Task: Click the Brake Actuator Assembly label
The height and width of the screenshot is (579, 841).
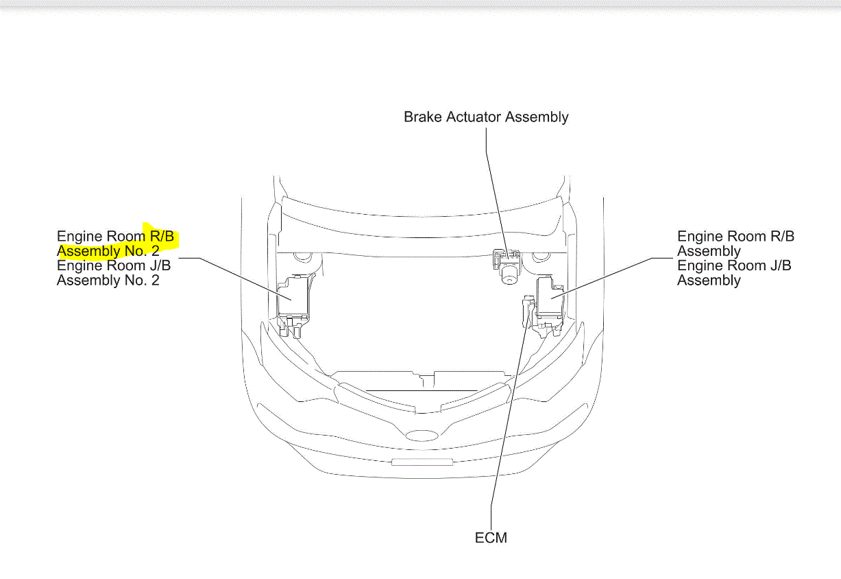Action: click(x=486, y=117)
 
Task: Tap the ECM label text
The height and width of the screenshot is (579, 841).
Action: click(x=491, y=538)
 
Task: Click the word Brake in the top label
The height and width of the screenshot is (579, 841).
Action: click(x=422, y=117)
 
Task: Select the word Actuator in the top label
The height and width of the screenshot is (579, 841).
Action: click(x=474, y=117)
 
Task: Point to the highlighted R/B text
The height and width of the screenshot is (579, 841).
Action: click(x=162, y=236)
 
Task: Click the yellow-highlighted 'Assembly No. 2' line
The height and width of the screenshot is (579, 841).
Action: click(x=108, y=250)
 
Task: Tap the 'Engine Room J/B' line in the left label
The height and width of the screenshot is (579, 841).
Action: click(x=114, y=265)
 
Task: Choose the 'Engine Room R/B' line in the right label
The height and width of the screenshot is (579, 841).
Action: click(x=735, y=236)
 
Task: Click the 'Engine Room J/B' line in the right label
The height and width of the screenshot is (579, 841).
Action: click(x=734, y=265)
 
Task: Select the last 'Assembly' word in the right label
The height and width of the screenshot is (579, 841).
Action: click(x=709, y=281)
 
